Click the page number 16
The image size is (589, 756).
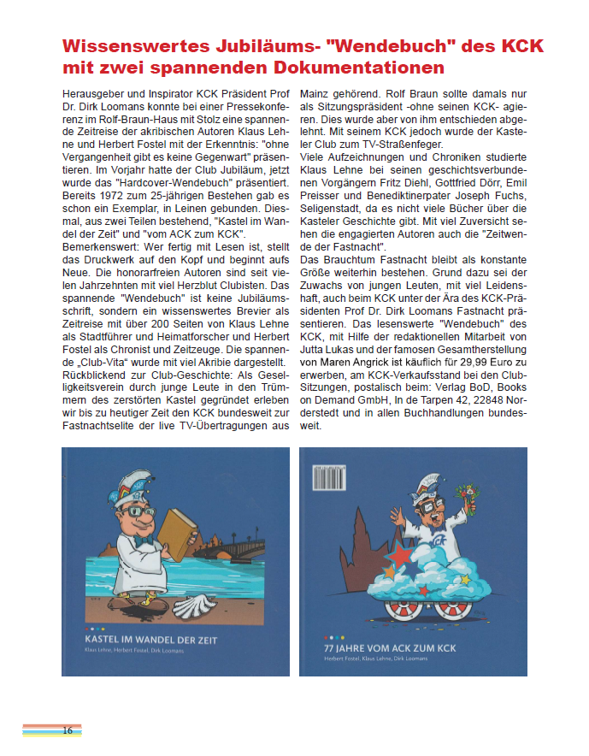coord(67,730)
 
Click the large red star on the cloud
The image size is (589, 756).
coord(401,556)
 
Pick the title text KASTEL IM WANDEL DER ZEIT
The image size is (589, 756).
coord(150,640)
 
